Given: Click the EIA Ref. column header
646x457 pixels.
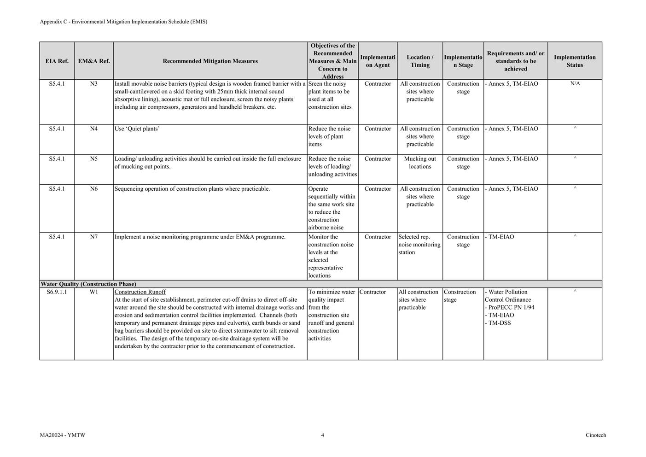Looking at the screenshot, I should tap(57, 61).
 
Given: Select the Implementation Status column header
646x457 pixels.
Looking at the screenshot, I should tap(574, 61).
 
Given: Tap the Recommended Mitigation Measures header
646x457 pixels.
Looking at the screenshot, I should tap(210, 61).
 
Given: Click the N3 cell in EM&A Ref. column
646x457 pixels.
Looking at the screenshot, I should tap(93, 84).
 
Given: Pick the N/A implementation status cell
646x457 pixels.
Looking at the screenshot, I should tap(575, 84).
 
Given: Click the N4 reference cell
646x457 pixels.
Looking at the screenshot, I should tap(93, 129).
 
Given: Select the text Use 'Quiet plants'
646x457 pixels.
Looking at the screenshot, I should tap(137, 129).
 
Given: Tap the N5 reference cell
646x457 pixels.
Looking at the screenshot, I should tap(93, 159).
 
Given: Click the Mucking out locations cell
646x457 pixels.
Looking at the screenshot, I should tap(419, 163).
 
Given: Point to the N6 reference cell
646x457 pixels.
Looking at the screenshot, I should tap(93, 189).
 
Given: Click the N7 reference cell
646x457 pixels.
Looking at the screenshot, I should tap(93, 237).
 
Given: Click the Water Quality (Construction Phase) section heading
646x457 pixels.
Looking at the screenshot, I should tap(88, 284).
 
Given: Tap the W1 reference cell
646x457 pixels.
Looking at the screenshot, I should tap(93, 292).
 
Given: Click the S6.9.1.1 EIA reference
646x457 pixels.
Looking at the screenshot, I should tap(57, 292).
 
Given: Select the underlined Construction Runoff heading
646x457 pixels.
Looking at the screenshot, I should tap(140, 292).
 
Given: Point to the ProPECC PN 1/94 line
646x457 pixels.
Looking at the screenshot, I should tap(511, 308).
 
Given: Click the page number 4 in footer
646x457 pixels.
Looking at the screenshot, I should tap(322, 435).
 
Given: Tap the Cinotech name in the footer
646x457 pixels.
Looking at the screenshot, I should tap(596, 435).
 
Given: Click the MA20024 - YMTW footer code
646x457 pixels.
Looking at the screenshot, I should tap(63, 435).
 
